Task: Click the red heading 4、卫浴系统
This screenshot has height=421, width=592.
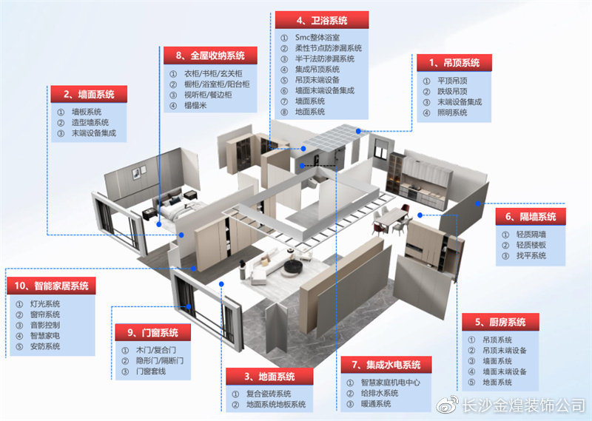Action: (x=322, y=20)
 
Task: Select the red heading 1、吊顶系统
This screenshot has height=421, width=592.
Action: (x=454, y=63)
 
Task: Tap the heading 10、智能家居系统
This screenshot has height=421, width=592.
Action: (x=51, y=286)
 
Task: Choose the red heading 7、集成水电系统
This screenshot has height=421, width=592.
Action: (x=386, y=365)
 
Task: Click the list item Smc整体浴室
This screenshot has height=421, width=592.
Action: (x=317, y=38)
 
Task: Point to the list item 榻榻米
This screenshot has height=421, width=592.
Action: (x=195, y=105)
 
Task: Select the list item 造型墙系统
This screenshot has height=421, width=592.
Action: (x=90, y=122)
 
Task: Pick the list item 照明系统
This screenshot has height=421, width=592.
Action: (x=452, y=112)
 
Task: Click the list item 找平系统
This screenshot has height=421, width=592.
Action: (x=531, y=255)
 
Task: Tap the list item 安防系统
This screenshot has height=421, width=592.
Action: (x=45, y=346)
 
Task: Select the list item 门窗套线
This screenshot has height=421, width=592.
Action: (x=151, y=371)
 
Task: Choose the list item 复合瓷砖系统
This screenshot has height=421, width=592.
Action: (x=269, y=394)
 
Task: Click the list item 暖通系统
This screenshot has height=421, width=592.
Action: (x=376, y=404)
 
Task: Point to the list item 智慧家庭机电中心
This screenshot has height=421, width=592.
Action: (x=391, y=383)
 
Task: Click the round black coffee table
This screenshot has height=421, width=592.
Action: (x=293, y=266)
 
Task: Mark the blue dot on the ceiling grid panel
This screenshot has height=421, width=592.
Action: (x=358, y=131)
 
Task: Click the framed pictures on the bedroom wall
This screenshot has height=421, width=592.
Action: (x=138, y=172)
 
